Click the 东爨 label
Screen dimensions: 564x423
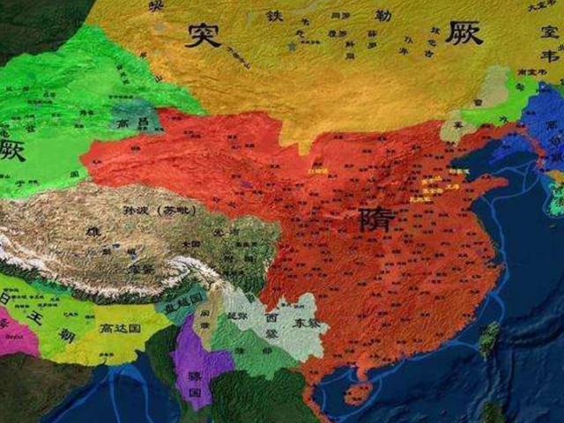(308, 323)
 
